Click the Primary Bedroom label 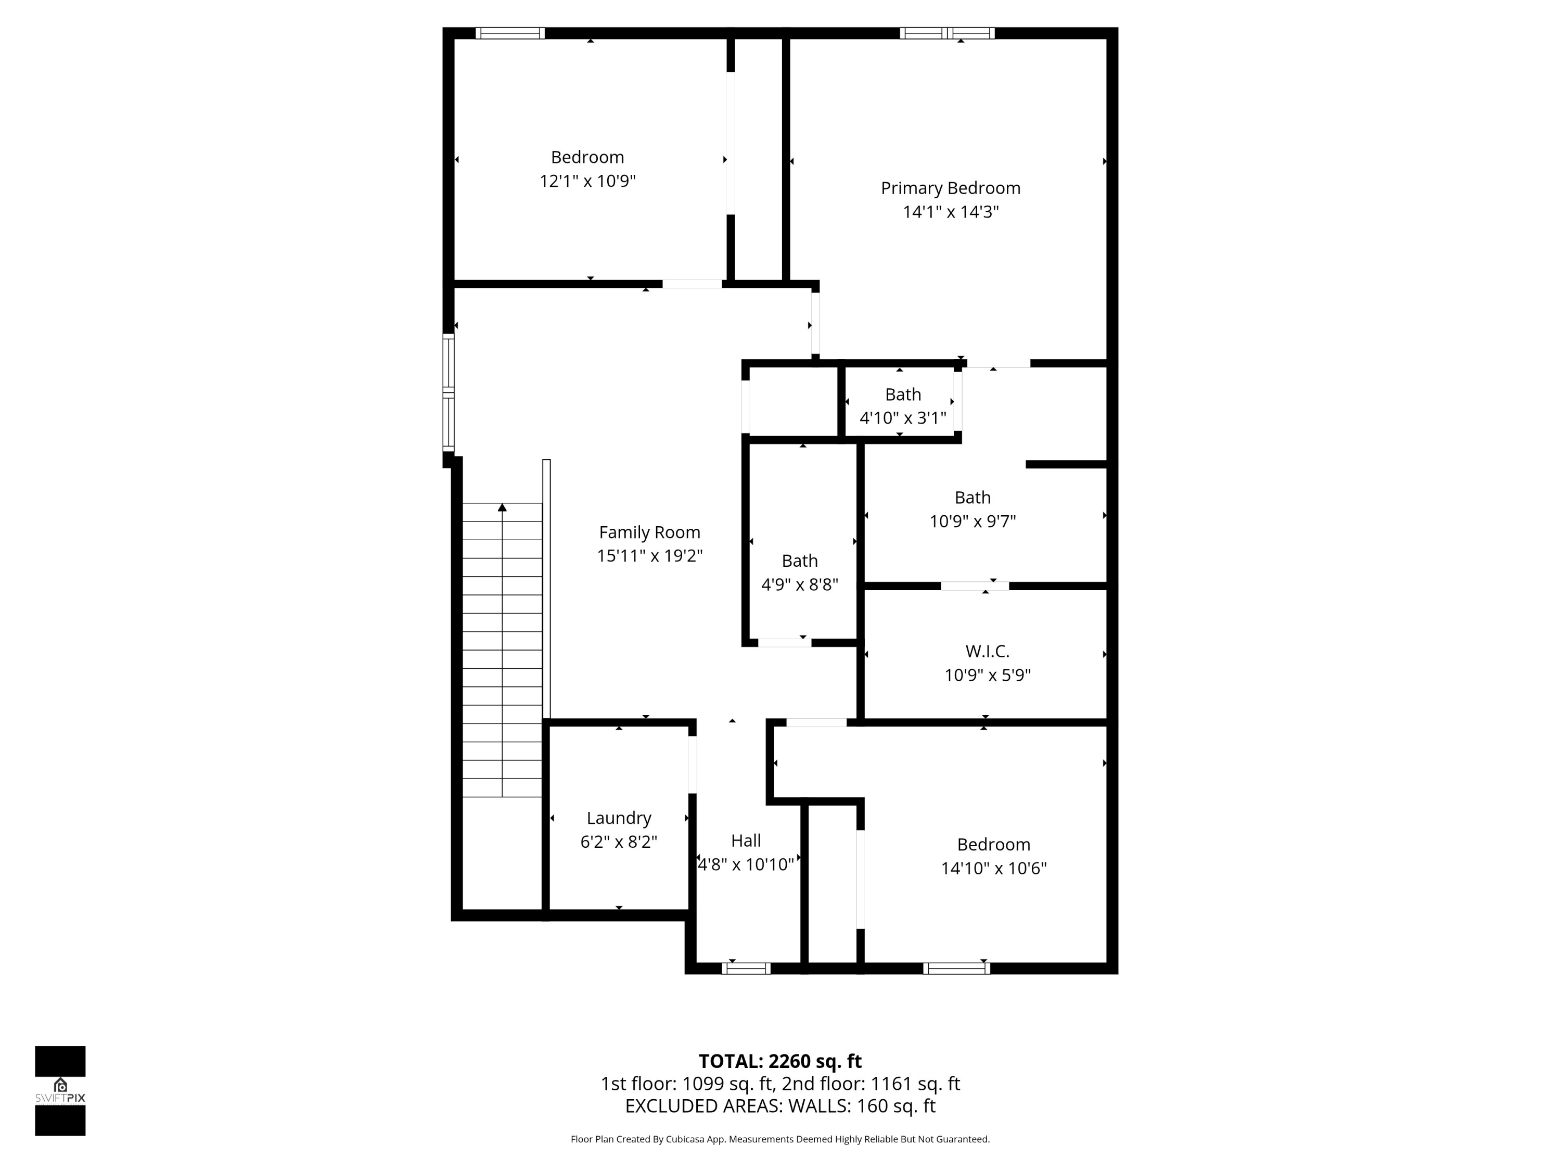pyautogui.click(x=950, y=188)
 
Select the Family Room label pyautogui.click(x=649, y=532)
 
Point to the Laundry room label pyautogui.click(x=619, y=818)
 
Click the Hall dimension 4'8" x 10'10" pyautogui.click(x=746, y=864)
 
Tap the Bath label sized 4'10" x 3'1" pyautogui.click(x=903, y=394)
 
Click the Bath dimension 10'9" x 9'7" pyautogui.click(x=973, y=521)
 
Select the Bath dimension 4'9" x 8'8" pyautogui.click(x=800, y=585)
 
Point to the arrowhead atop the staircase pyautogui.click(x=502, y=507)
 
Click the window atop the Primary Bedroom pyautogui.click(x=947, y=33)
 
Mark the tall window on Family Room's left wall pyautogui.click(x=448, y=392)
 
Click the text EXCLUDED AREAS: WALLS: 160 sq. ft pyautogui.click(x=780, y=1106)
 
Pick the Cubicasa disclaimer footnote pyautogui.click(x=780, y=1139)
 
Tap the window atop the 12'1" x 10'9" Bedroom pyautogui.click(x=509, y=33)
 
